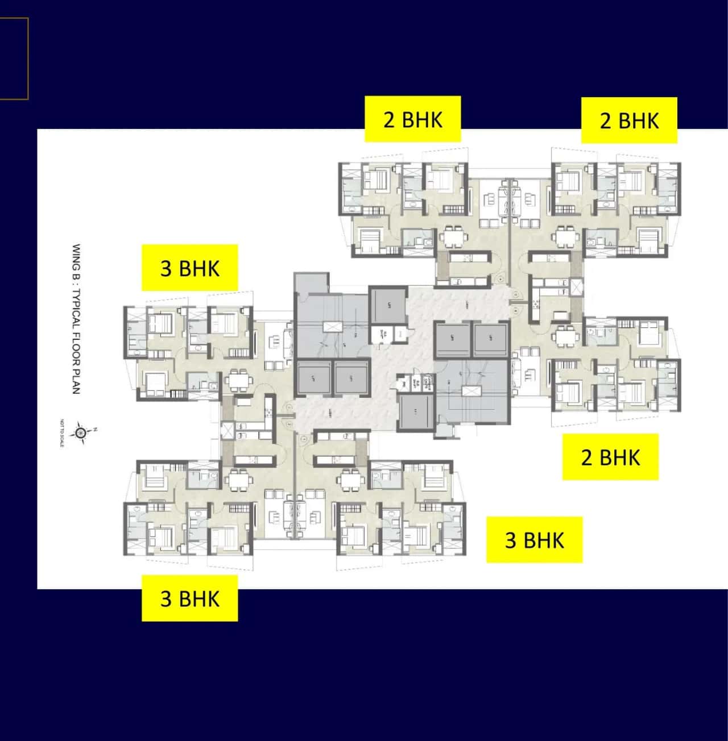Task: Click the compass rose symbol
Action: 82,433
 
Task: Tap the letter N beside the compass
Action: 96,429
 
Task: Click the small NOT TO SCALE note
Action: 61,432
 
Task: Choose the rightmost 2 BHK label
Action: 628,120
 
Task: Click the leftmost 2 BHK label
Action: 412,119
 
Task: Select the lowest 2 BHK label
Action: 610,457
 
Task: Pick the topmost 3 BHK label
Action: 189,268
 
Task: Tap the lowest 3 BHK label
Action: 189,598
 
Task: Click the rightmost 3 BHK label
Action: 534,540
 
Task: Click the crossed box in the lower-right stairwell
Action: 469,391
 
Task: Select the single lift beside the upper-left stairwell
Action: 389,305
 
